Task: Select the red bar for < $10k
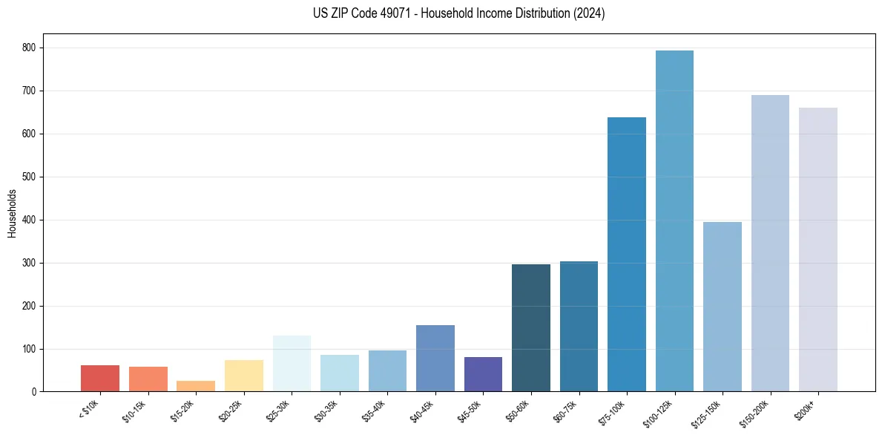pos(100,379)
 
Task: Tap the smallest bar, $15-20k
pos(196,386)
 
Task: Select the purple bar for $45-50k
pos(483,374)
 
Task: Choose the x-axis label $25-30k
pos(278,411)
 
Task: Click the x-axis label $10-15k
pos(134,411)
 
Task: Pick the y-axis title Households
pos(13,213)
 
